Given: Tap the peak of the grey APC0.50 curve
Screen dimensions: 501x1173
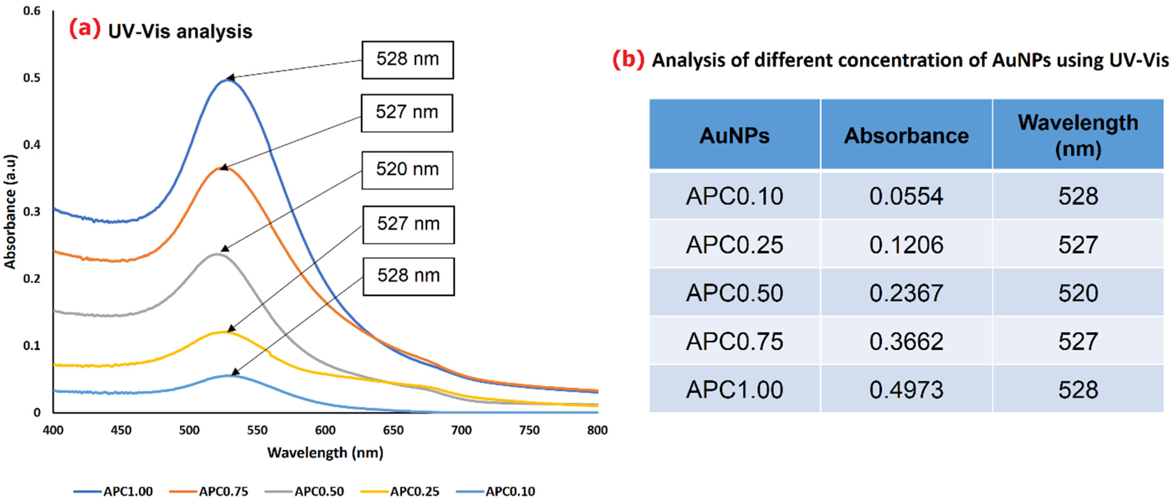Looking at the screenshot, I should coord(217,254).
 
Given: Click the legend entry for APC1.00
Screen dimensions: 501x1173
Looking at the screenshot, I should coord(114,491).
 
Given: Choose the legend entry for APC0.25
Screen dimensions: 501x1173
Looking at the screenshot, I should coord(400,491).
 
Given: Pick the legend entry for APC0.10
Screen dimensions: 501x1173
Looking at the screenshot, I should coord(496,491).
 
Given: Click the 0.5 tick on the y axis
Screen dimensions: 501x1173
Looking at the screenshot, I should coord(32,78).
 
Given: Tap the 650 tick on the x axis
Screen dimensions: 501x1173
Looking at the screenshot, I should coord(393,430).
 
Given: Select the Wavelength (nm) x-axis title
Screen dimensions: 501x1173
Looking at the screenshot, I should coord(325,452).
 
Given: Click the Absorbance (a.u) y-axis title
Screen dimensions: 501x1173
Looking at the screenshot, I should coord(10,211).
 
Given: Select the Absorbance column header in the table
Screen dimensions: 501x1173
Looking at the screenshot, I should coord(906,136).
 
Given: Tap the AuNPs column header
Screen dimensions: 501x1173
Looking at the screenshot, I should coord(734,136).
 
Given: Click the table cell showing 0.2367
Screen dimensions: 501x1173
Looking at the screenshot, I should coord(906,293).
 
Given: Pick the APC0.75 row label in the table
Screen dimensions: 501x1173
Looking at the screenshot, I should coord(734,341).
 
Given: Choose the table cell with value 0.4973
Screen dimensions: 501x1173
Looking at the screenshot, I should coord(906,390).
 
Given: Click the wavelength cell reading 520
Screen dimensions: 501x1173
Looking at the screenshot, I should coord(1078,293).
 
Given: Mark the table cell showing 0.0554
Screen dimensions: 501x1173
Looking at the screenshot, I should coord(906,196).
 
